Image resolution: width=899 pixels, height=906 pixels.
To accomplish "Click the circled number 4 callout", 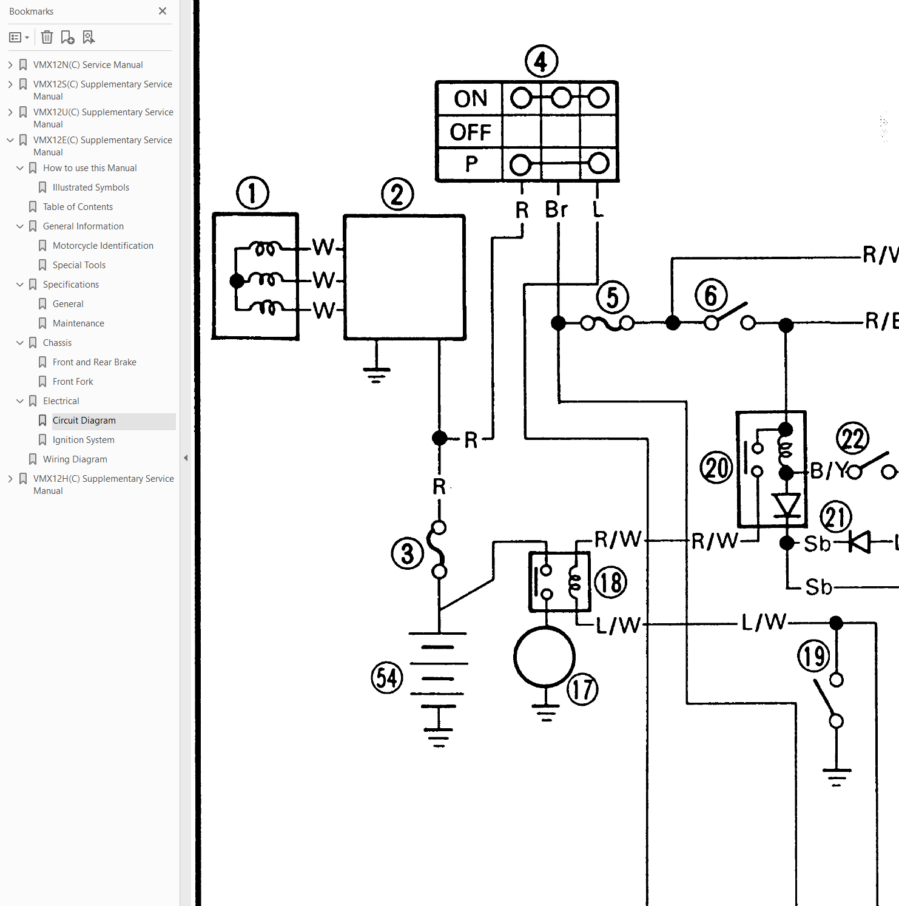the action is tap(541, 61).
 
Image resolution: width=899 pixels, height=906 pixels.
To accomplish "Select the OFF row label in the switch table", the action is tap(471, 132).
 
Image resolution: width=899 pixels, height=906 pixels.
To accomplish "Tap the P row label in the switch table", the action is tap(471, 164).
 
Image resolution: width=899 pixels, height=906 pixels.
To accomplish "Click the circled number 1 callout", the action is tap(252, 194).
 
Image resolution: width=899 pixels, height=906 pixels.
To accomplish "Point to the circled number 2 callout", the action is tap(397, 195).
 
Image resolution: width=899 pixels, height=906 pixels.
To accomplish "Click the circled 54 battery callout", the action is tap(387, 678).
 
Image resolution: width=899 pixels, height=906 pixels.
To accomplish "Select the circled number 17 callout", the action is tap(582, 689).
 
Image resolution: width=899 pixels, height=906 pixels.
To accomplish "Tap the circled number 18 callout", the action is tap(610, 583).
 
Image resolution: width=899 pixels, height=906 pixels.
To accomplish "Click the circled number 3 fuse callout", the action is tap(408, 553).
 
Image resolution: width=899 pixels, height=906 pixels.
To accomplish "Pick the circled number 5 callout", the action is tap(613, 297).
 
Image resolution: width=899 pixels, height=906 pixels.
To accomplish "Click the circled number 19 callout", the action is tap(813, 656).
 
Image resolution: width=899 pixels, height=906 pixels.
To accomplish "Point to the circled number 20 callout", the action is tap(716, 468).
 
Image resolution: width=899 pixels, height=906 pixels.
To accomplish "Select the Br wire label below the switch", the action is tap(556, 209).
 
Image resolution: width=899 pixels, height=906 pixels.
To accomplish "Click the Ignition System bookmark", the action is tap(84, 440).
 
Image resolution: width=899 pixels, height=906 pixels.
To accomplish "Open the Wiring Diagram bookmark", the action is tap(75, 459).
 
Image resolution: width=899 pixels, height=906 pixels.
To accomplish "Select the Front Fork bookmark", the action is tap(73, 382).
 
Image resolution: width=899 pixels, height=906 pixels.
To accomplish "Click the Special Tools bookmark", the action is tap(79, 265).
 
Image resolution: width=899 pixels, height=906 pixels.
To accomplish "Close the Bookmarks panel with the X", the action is tap(163, 11).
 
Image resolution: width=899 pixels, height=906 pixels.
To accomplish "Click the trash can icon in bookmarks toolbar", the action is tap(47, 38).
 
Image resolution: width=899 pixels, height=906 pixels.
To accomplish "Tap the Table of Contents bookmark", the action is tap(78, 207).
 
